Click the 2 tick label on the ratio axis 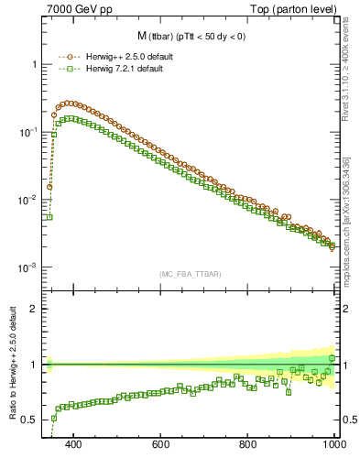[x=34, y=309]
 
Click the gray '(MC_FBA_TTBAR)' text [x=189, y=273]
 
